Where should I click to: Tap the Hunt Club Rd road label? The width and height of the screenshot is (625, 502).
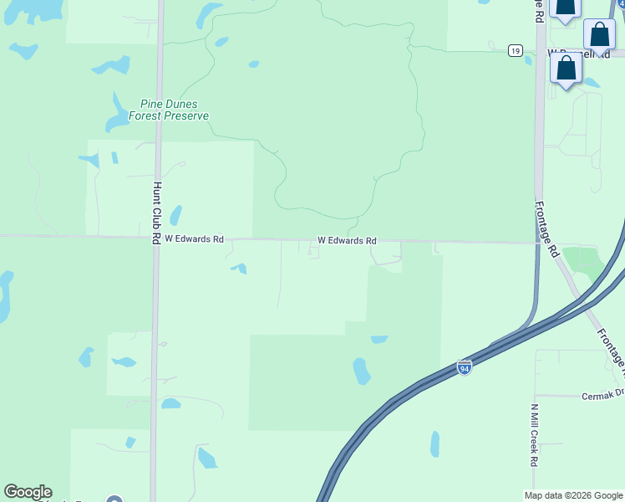click(156, 213)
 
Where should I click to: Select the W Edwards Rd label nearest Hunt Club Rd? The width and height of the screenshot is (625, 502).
click(194, 238)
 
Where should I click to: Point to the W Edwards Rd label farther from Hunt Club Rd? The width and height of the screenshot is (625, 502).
click(347, 241)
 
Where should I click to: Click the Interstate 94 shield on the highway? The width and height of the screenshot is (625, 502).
click(465, 367)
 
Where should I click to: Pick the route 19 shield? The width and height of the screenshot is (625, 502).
click(516, 51)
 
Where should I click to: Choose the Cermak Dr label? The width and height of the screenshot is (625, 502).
click(603, 393)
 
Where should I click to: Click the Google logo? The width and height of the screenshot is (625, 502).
click(28, 492)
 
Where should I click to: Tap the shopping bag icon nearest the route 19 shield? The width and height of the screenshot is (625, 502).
click(567, 69)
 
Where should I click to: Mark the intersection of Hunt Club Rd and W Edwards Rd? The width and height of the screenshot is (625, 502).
click(155, 238)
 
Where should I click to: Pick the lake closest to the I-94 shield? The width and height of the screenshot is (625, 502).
click(361, 370)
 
